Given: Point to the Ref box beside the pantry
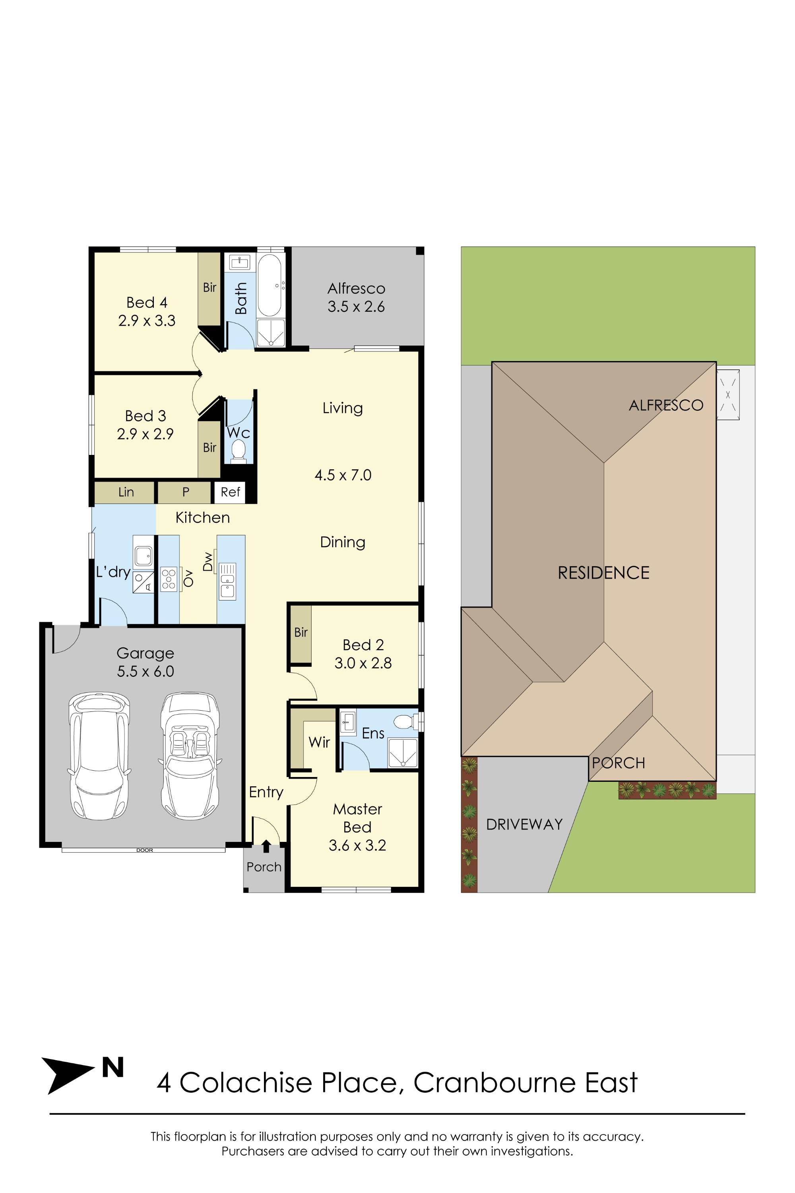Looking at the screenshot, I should pyautogui.click(x=230, y=492).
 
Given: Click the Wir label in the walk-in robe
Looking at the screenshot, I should pyautogui.click(x=319, y=742).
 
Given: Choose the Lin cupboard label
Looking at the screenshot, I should pyautogui.click(x=126, y=492).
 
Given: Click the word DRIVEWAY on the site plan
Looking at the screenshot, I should pyautogui.click(x=524, y=824).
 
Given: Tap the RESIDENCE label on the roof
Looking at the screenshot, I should pyautogui.click(x=603, y=573).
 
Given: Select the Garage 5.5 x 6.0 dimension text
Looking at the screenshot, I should pyautogui.click(x=145, y=671).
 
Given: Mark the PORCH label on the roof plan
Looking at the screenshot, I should pyautogui.click(x=618, y=763).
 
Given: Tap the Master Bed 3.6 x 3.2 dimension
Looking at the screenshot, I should pyautogui.click(x=357, y=845).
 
